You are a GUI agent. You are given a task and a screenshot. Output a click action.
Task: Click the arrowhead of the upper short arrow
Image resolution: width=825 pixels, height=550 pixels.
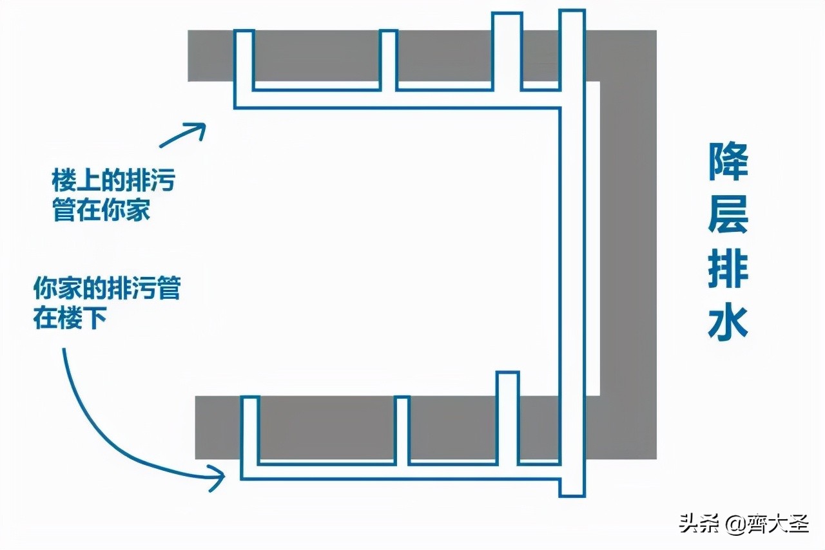(199, 129)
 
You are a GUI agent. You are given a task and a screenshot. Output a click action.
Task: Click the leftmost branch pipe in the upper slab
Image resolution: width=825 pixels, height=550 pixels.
(244, 61)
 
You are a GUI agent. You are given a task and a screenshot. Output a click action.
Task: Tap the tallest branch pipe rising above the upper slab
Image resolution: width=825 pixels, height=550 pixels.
(506, 48)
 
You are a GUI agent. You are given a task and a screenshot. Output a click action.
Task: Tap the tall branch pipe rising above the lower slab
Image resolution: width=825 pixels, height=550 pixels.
(508, 415)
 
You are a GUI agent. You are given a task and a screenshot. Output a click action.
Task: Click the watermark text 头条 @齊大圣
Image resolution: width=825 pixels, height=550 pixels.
(742, 524)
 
